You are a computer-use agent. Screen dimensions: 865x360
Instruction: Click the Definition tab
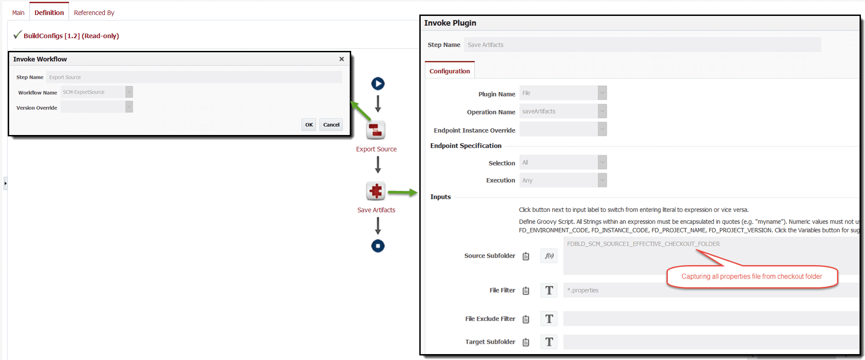click(x=49, y=12)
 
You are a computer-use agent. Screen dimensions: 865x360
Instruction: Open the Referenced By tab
click(x=94, y=13)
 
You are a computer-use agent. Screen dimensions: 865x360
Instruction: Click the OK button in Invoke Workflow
click(x=309, y=125)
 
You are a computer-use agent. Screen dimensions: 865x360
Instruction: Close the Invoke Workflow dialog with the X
click(x=342, y=59)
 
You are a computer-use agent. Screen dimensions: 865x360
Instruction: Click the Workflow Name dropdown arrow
click(x=129, y=92)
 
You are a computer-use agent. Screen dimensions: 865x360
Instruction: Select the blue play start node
click(x=378, y=84)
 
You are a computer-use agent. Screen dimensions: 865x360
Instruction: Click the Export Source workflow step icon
click(x=376, y=130)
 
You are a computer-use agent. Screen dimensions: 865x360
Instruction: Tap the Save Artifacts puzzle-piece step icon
click(x=376, y=191)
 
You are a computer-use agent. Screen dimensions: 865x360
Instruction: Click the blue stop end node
click(x=378, y=246)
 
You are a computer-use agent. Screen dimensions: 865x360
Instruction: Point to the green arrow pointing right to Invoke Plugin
click(x=403, y=193)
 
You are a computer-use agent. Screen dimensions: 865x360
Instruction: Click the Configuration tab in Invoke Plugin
click(x=450, y=71)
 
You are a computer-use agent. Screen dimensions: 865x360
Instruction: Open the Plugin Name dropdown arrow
click(x=602, y=93)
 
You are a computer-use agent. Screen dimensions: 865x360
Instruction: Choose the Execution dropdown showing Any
click(x=563, y=180)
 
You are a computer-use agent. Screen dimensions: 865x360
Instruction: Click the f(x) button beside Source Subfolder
click(x=549, y=256)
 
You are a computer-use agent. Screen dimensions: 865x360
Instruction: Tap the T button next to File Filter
click(x=549, y=290)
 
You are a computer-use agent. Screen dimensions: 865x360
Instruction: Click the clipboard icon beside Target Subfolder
click(x=526, y=342)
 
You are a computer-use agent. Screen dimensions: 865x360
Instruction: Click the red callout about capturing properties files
click(x=752, y=276)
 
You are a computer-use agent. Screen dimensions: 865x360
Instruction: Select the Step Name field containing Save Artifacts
click(x=642, y=45)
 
